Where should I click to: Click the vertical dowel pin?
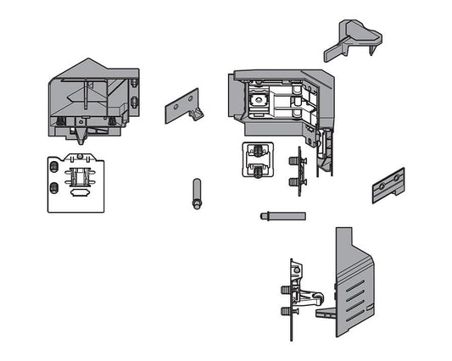point(197,193)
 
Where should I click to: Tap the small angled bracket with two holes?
point(181,106)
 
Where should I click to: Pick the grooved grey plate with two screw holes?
point(387,186)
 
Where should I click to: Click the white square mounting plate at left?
point(76,183)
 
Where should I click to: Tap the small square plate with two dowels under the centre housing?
point(259,159)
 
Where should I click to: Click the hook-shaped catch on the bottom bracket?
point(313,298)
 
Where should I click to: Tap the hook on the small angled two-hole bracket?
point(198,113)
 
